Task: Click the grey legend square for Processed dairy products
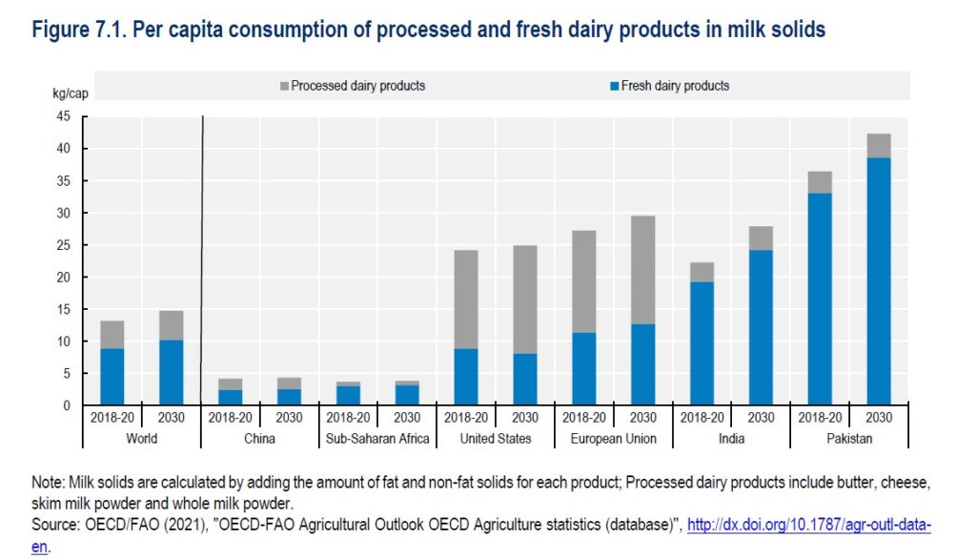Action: coord(285,86)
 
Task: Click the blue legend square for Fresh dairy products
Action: coord(615,86)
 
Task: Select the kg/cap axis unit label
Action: coord(70,93)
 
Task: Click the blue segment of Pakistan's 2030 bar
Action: coord(879,281)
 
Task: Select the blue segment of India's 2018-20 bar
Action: coord(701,343)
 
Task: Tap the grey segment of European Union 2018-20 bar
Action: coord(583,281)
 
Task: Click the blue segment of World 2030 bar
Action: coord(171,372)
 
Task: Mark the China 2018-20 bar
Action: coord(230,391)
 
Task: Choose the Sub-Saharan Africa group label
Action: coord(376,439)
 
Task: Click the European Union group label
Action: coord(613,439)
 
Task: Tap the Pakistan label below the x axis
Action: coord(849,439)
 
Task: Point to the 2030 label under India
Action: coord(761,417)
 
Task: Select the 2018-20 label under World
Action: coord(112,417)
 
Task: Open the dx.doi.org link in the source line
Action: coord(808,526)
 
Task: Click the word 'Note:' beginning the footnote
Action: coord(49,483)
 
